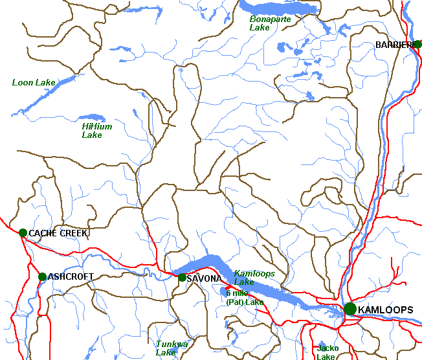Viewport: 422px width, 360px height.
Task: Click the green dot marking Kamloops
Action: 350,309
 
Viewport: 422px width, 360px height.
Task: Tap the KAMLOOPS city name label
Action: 385,310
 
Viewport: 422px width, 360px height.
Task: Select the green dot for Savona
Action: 183,278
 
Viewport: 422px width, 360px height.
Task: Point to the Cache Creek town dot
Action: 23,233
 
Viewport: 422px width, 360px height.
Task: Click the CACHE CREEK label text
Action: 58,233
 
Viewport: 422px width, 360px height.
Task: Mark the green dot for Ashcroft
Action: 43,277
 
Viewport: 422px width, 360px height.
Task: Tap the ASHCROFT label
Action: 71,277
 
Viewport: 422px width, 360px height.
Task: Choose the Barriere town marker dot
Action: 417,44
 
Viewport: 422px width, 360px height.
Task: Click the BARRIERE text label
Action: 394,45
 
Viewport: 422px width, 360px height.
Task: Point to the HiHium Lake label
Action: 96,131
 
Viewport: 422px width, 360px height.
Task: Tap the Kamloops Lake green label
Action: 254,278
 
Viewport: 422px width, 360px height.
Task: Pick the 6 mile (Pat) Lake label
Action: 245,298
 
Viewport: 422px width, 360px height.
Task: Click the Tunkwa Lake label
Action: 172,348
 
